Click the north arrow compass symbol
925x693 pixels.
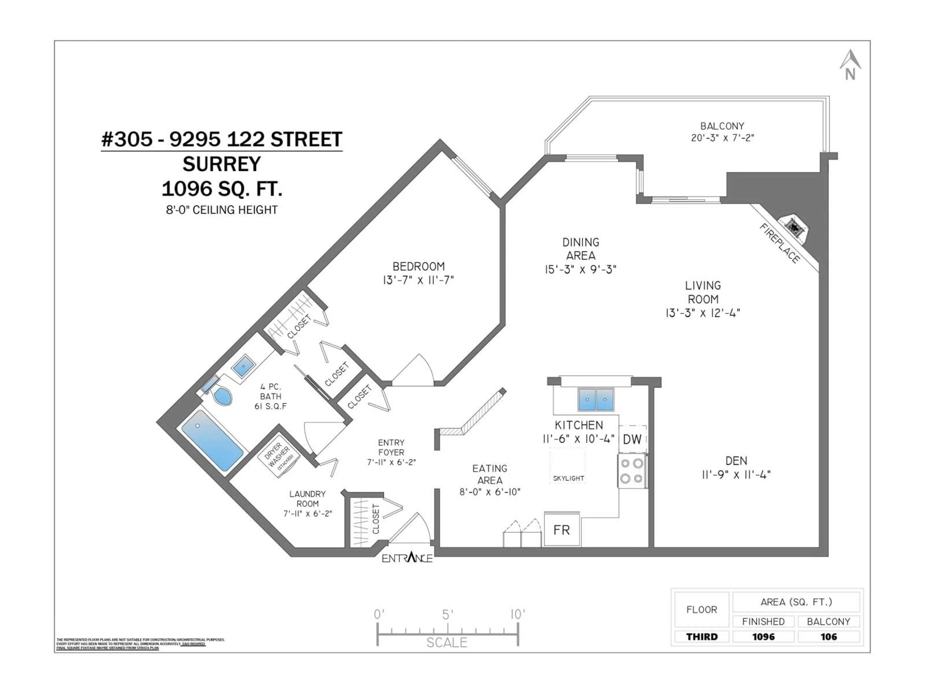click(x=850, y=65)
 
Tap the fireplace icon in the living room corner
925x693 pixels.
click(x=794, y=228)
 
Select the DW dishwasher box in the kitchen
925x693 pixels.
click(x=632, y=439)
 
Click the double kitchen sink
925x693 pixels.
click(x=596, y=399)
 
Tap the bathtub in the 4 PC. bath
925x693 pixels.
click(x=212, y=440)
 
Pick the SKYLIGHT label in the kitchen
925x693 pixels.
click(x=568, y=478)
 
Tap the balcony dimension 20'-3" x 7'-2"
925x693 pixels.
click(x=722, y=137)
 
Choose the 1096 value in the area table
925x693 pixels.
click(x=763, y=637)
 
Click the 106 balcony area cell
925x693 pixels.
click(x=828, y=637)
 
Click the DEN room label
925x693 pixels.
click(x=736, y=461)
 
